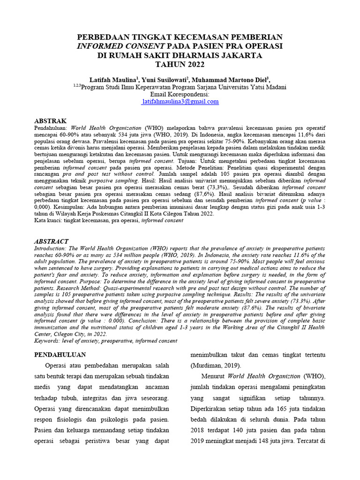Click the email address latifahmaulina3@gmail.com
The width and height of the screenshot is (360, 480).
click(180, 101)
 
